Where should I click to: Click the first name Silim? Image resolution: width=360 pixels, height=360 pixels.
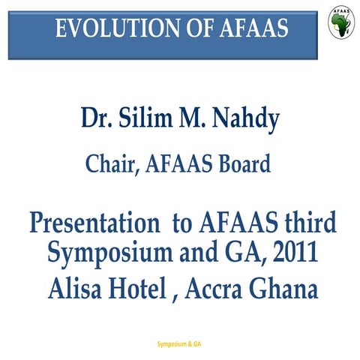pos(150,119)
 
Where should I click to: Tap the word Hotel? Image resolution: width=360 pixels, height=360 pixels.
pos(139,286)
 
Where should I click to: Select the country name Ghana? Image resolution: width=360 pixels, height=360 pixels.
pos(289,286)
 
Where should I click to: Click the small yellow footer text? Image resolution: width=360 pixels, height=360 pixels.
pos(180,344)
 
